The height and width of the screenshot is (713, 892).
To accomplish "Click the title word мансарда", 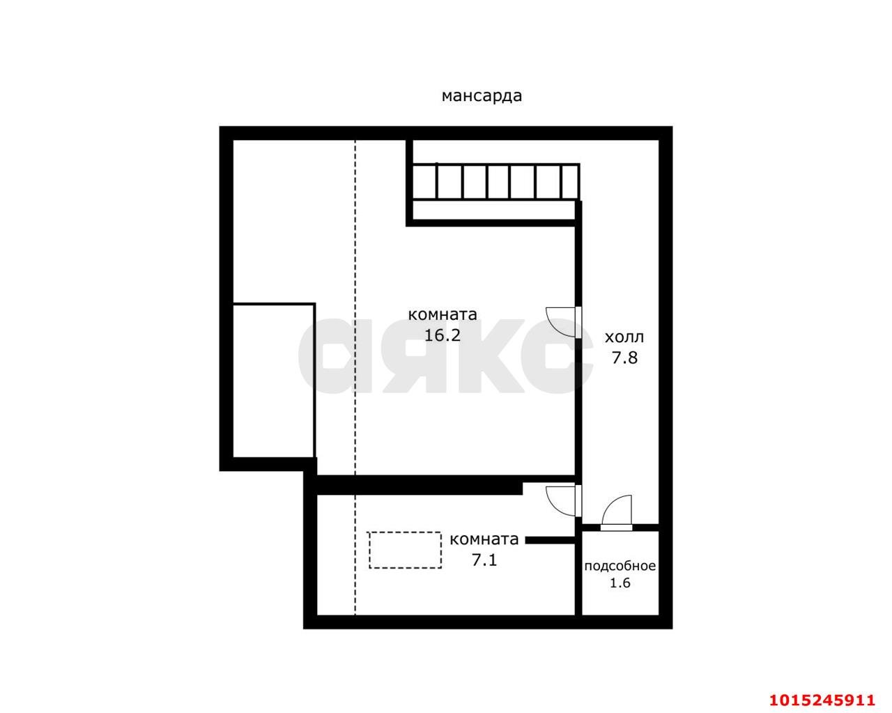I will pos(482,96).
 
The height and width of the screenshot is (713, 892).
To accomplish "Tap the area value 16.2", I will pos(443,335).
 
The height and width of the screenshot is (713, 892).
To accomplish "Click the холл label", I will pos(624,338).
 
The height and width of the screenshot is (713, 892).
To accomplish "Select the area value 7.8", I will pos(624,358).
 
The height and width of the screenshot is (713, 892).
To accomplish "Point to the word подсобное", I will pos(620,566).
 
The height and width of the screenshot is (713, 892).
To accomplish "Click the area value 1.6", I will pos(620,583).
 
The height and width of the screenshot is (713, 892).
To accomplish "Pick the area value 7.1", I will pos(484,560).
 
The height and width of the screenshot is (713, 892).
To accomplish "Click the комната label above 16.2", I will pos(443,314).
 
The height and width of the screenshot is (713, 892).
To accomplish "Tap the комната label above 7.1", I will pos(484,539).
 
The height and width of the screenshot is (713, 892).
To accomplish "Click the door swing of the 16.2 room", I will pos(562,321).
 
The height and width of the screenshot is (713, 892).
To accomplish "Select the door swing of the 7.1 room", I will pos(562,499).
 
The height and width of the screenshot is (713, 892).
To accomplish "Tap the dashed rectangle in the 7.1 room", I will pos(405,550).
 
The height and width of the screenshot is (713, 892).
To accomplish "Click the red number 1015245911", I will pos(821,699).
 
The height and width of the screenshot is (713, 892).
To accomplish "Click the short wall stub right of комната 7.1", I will pos(550,539).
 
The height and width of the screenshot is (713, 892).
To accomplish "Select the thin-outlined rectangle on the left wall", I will pos(273,380).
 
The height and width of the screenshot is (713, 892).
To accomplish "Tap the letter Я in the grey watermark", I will pos(407,355).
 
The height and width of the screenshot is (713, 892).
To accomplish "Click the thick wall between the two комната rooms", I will pos(418,484).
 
